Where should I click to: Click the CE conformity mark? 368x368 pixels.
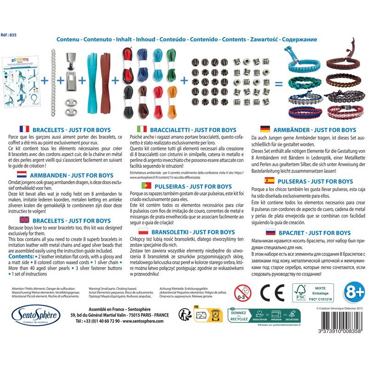click(266, 293)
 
